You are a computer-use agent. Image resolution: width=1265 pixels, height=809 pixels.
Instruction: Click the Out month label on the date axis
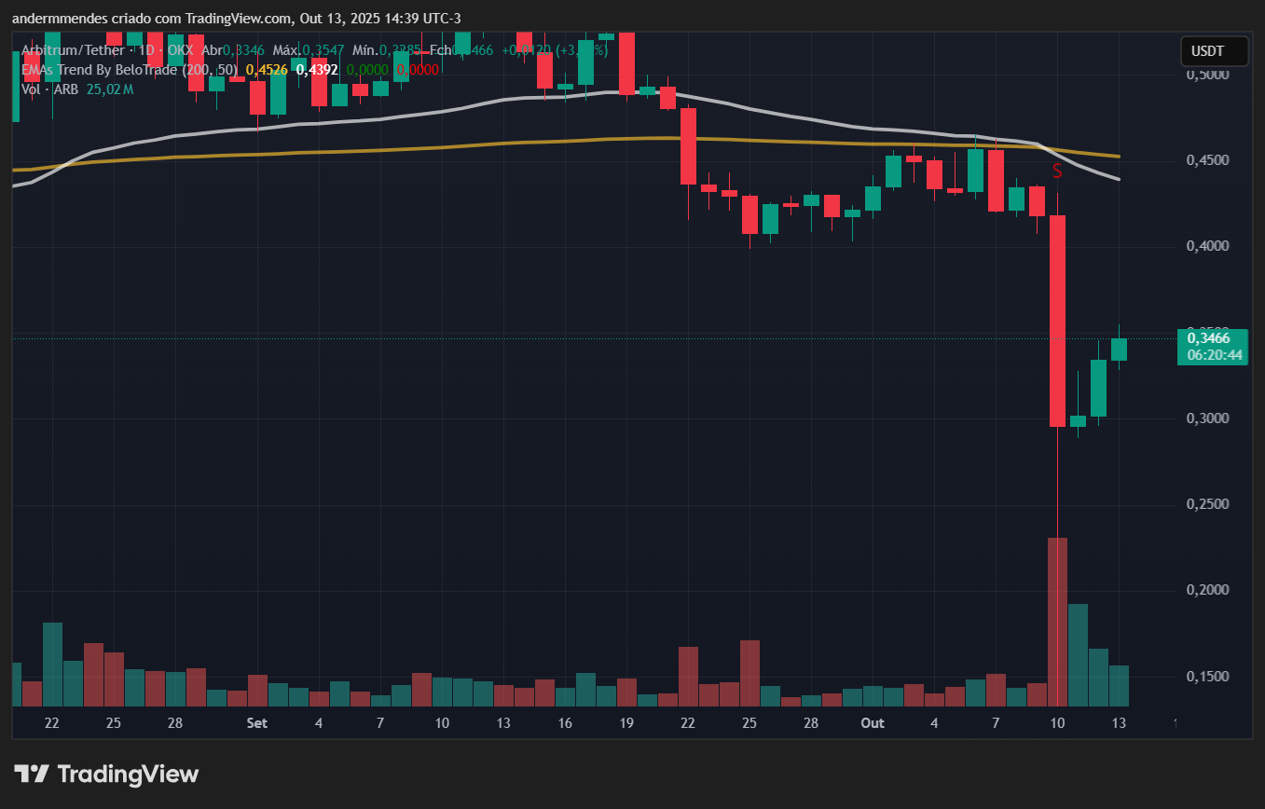coord(873,722)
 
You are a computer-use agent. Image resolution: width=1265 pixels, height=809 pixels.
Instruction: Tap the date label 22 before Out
coord(688,722)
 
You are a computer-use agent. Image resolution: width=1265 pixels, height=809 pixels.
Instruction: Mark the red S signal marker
coord(1057,171)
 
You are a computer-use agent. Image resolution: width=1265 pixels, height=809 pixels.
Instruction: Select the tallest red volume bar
coord(1057,622)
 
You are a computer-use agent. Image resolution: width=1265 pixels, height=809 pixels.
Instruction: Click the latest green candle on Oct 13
coord(1119,350)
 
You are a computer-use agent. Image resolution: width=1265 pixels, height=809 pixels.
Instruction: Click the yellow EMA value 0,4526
coord(266,69)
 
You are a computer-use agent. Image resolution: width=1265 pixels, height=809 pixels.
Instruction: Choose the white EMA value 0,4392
coord(317,69)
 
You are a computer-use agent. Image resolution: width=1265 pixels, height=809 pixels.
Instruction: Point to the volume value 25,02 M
coord(109,89)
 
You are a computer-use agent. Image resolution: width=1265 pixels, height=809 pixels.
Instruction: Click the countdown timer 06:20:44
coord(1213,355)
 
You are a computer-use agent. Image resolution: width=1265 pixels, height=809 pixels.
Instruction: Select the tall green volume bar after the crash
coord(1078,654)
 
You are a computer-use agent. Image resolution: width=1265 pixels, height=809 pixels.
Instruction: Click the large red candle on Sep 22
coord(688,146)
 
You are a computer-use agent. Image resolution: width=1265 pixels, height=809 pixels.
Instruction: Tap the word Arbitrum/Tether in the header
coord(64,49)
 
